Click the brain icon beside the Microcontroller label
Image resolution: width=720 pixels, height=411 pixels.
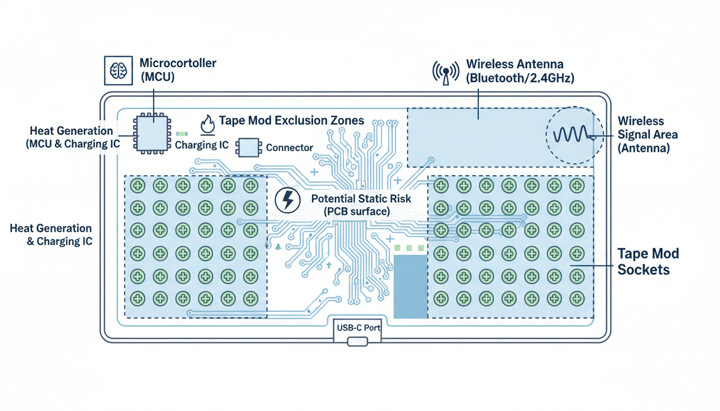click(x=118, y=70)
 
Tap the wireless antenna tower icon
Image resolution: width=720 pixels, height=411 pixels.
click(x=446, y=73)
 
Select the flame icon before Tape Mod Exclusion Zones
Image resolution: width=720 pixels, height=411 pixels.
click(x=208, y=124)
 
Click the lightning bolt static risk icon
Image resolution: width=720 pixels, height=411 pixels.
click(x=288, y=200)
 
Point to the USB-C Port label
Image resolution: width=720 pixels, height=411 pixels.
click(x=357, y=328)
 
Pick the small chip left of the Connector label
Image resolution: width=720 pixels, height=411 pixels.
click(x=249, y=147)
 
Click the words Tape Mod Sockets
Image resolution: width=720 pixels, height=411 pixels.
click(x=643, y=261)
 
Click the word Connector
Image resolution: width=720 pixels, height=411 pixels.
click(x=289, y=148)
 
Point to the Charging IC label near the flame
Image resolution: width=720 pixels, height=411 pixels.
click(x=201, y=145)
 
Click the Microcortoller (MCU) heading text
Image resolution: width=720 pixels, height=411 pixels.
click(x=178, y=70)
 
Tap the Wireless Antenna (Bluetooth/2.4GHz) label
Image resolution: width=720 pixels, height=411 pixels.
click(x=520, y=71)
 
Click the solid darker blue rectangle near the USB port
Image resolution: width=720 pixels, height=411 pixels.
click(x=410, y=286)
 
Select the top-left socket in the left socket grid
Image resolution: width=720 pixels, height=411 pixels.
click(x=138, y=186)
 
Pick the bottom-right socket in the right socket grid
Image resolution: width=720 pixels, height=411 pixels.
click(x=577, y=298)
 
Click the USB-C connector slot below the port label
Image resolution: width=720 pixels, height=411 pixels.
click(x=357, y=341)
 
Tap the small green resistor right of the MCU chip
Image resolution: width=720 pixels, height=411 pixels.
click(x=182, y=133)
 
